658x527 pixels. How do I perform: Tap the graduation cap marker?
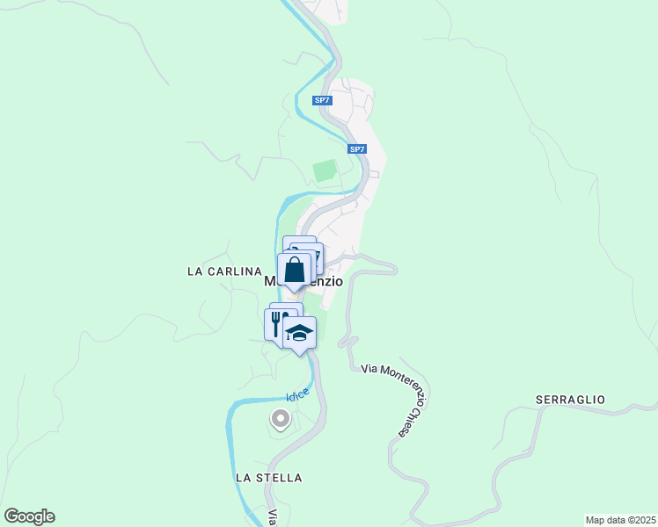pos(299,332)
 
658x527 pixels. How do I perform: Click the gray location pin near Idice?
pos(281,419)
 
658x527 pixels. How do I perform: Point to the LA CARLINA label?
pos(225,271)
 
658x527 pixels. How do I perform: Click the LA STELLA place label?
pos(268,478)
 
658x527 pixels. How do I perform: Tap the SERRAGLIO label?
pos(570,400)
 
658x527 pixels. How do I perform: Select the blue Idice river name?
pos(297,395)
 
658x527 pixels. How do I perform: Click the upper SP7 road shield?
pos(323,100)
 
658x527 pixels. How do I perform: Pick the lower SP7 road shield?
pos(356,149)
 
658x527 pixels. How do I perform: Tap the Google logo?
pos(29,516)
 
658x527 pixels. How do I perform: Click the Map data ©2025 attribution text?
pos(619,520)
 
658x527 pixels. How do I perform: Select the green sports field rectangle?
pos(325,170)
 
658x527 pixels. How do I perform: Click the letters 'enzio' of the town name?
pos(325,282)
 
